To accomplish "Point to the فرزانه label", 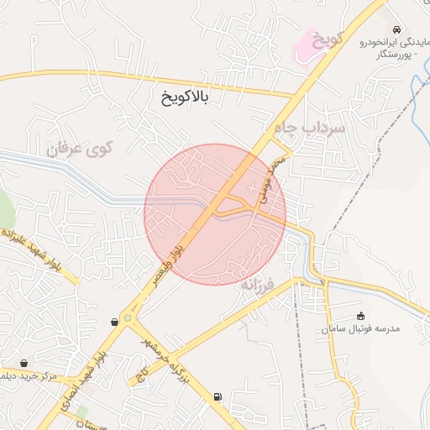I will (x=259, y=284).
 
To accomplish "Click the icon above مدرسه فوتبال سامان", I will (x=362, y=316).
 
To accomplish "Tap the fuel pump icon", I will (x=219, y=396).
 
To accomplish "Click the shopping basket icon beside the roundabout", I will (x=114, y=322).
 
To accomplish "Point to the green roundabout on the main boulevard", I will (x=127, y=318).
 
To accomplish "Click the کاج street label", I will (x=144, y=370).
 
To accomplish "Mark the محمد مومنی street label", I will (x=271, y=183).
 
